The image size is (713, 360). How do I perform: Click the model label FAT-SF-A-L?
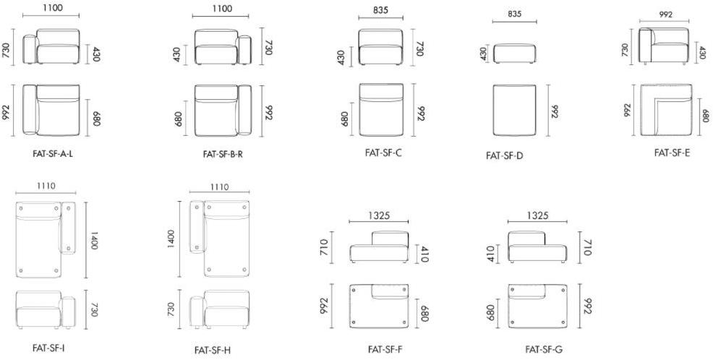pyautogui.click(x=53, y=154)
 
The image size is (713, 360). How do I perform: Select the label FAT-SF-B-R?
pyautogui.click(x=223, y=154)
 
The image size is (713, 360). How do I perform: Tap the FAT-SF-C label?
pyautogui.click(x=383, y=153)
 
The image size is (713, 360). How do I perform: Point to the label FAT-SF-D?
pyautogui.click(x=505, y=155)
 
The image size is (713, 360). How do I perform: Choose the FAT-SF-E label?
pyautogui.click(x=672, y=153)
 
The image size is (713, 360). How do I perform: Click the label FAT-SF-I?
pyautogui.click(x=48, y=348)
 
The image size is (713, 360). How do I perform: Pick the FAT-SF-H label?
pyautogui.click(x=213, y=350)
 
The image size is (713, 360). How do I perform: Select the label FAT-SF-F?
pyautogui.click(x=385, y=349)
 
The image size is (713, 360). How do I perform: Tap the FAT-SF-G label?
pyautogui.click(x=544, y=349)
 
